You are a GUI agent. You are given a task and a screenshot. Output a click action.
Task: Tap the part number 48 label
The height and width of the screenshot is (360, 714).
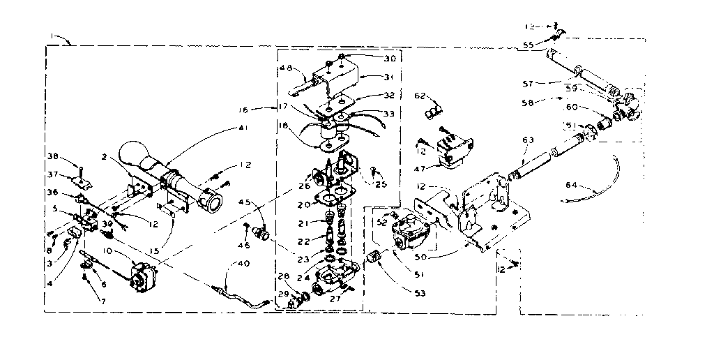click(x=286, y=68)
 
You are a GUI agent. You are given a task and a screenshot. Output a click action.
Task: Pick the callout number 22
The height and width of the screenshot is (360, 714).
click(x=303, y=241)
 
